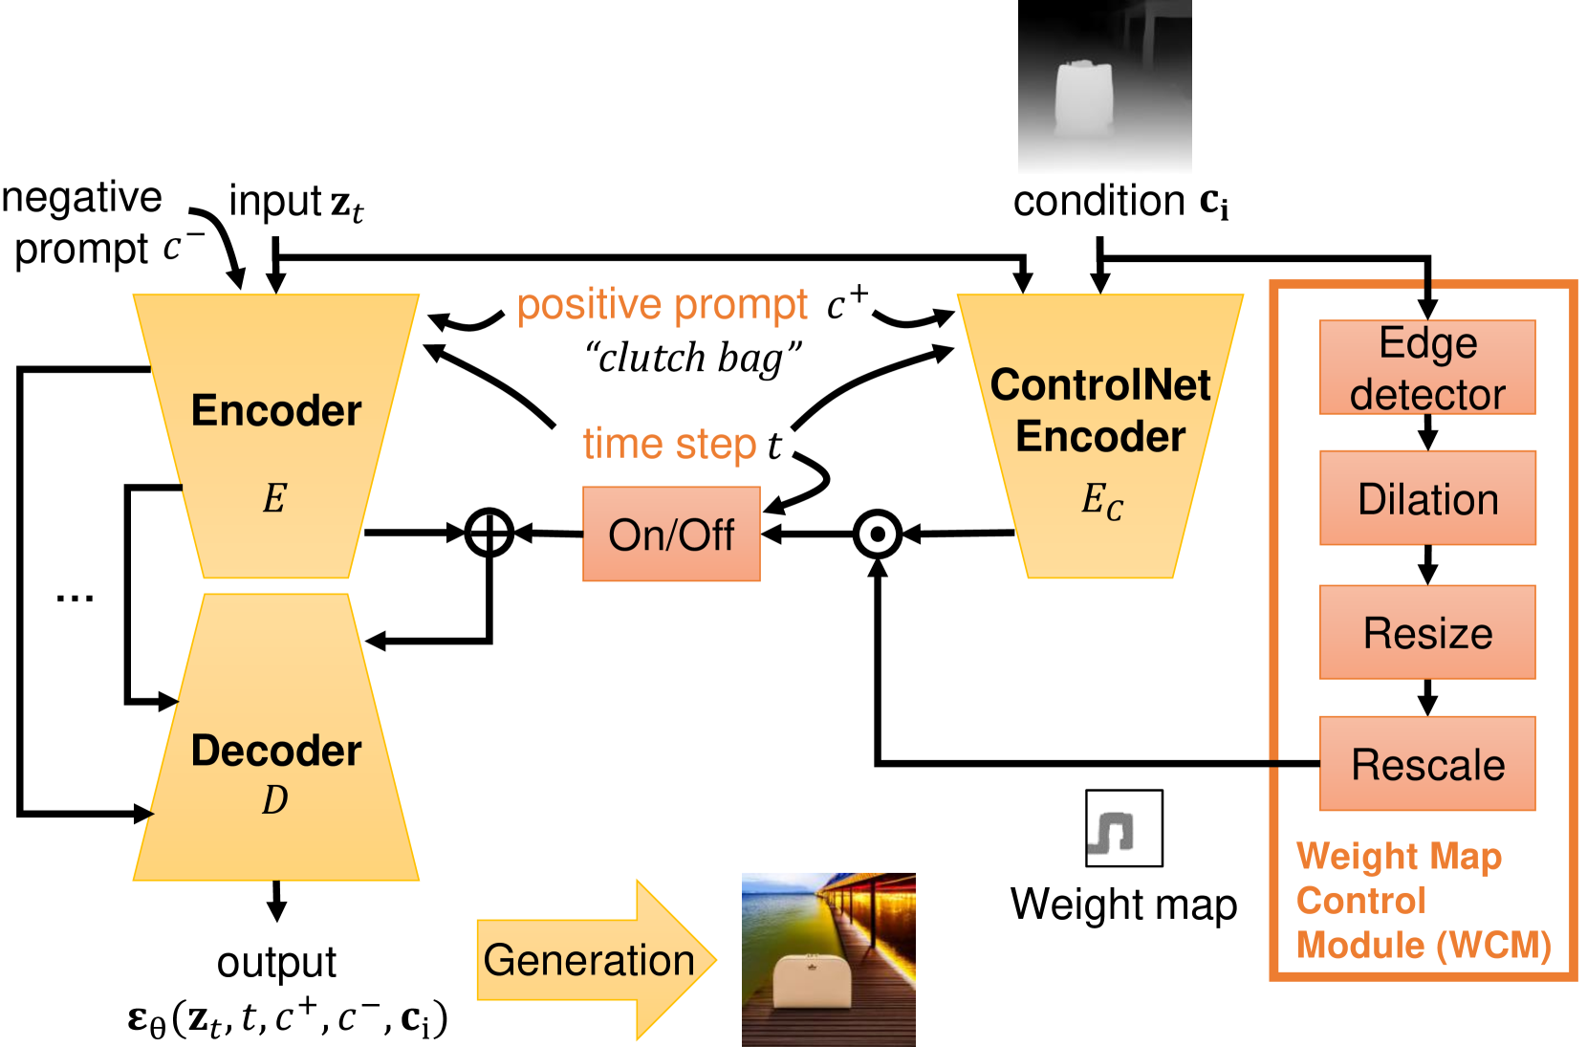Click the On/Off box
(671, 534)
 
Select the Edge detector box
(1427, 367)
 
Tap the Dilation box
(1427, 497)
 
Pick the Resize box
(1427, 632)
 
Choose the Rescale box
(1427, 763)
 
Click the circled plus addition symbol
(489, 532)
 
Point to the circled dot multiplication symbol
(877, 534)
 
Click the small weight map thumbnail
(1123, 828)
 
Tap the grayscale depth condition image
(1104, 85)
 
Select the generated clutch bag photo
(828, 960)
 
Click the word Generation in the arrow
(589, 960)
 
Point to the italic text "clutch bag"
(693, 357)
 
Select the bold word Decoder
(276, 751)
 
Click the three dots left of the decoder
(75, 600)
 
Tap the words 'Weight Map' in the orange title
(1399, 856)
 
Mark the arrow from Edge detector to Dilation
(1427, 432)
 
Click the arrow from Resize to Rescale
(1427, 698)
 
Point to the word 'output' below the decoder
(276, 962)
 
